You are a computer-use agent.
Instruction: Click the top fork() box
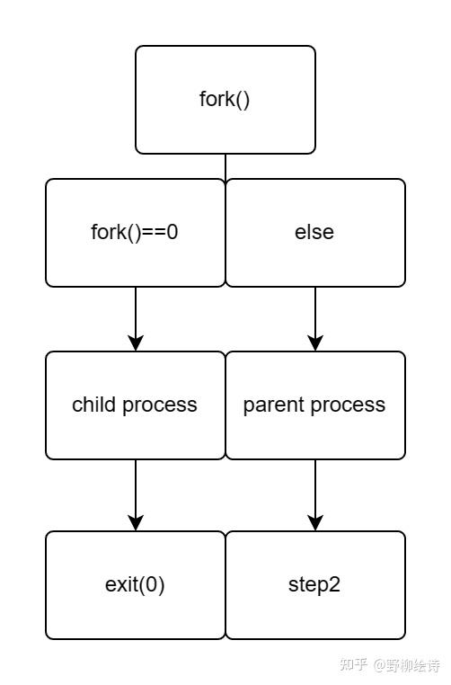coord(225,100)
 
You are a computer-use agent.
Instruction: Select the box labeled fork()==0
coord(135,233)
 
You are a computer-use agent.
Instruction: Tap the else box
coord(314,233)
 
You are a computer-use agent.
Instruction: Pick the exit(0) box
coord(135,585)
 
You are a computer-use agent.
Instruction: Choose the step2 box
coord(314,585)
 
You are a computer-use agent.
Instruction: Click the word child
coord(93,405)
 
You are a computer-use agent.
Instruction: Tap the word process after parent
coord(347,405)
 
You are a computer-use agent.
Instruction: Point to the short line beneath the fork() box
coord(225,166)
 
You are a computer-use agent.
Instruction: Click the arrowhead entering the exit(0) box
coord(136,523)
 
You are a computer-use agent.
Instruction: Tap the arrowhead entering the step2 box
coord(315,523)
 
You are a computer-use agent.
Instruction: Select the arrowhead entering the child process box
coord(136,343)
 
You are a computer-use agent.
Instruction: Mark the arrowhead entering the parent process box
coord(315,343)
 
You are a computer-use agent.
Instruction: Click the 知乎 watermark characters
coord(354,665)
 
